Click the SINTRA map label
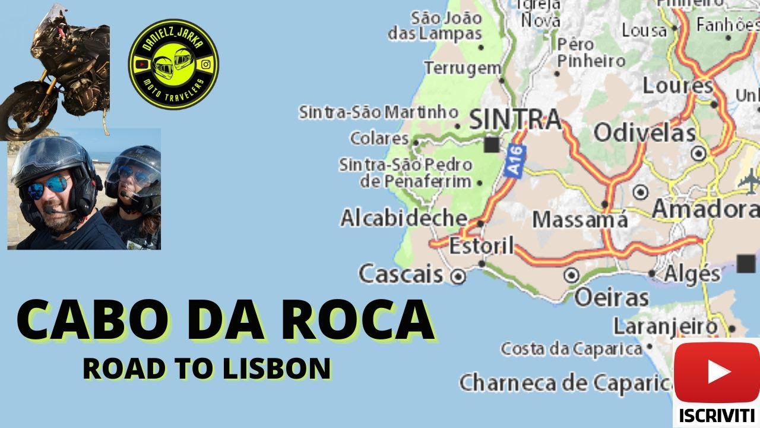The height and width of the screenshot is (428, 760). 515,119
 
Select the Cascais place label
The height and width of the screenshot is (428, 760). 401,274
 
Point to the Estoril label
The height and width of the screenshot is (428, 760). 481,246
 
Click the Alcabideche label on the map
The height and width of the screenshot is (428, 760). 404,218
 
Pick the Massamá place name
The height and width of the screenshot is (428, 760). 579,219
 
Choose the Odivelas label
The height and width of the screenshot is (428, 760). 644,133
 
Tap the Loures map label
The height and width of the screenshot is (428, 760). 677,86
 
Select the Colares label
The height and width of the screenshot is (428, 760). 379,139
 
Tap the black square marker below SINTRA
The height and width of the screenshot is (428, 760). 492,144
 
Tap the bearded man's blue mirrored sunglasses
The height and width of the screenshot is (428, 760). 47,187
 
